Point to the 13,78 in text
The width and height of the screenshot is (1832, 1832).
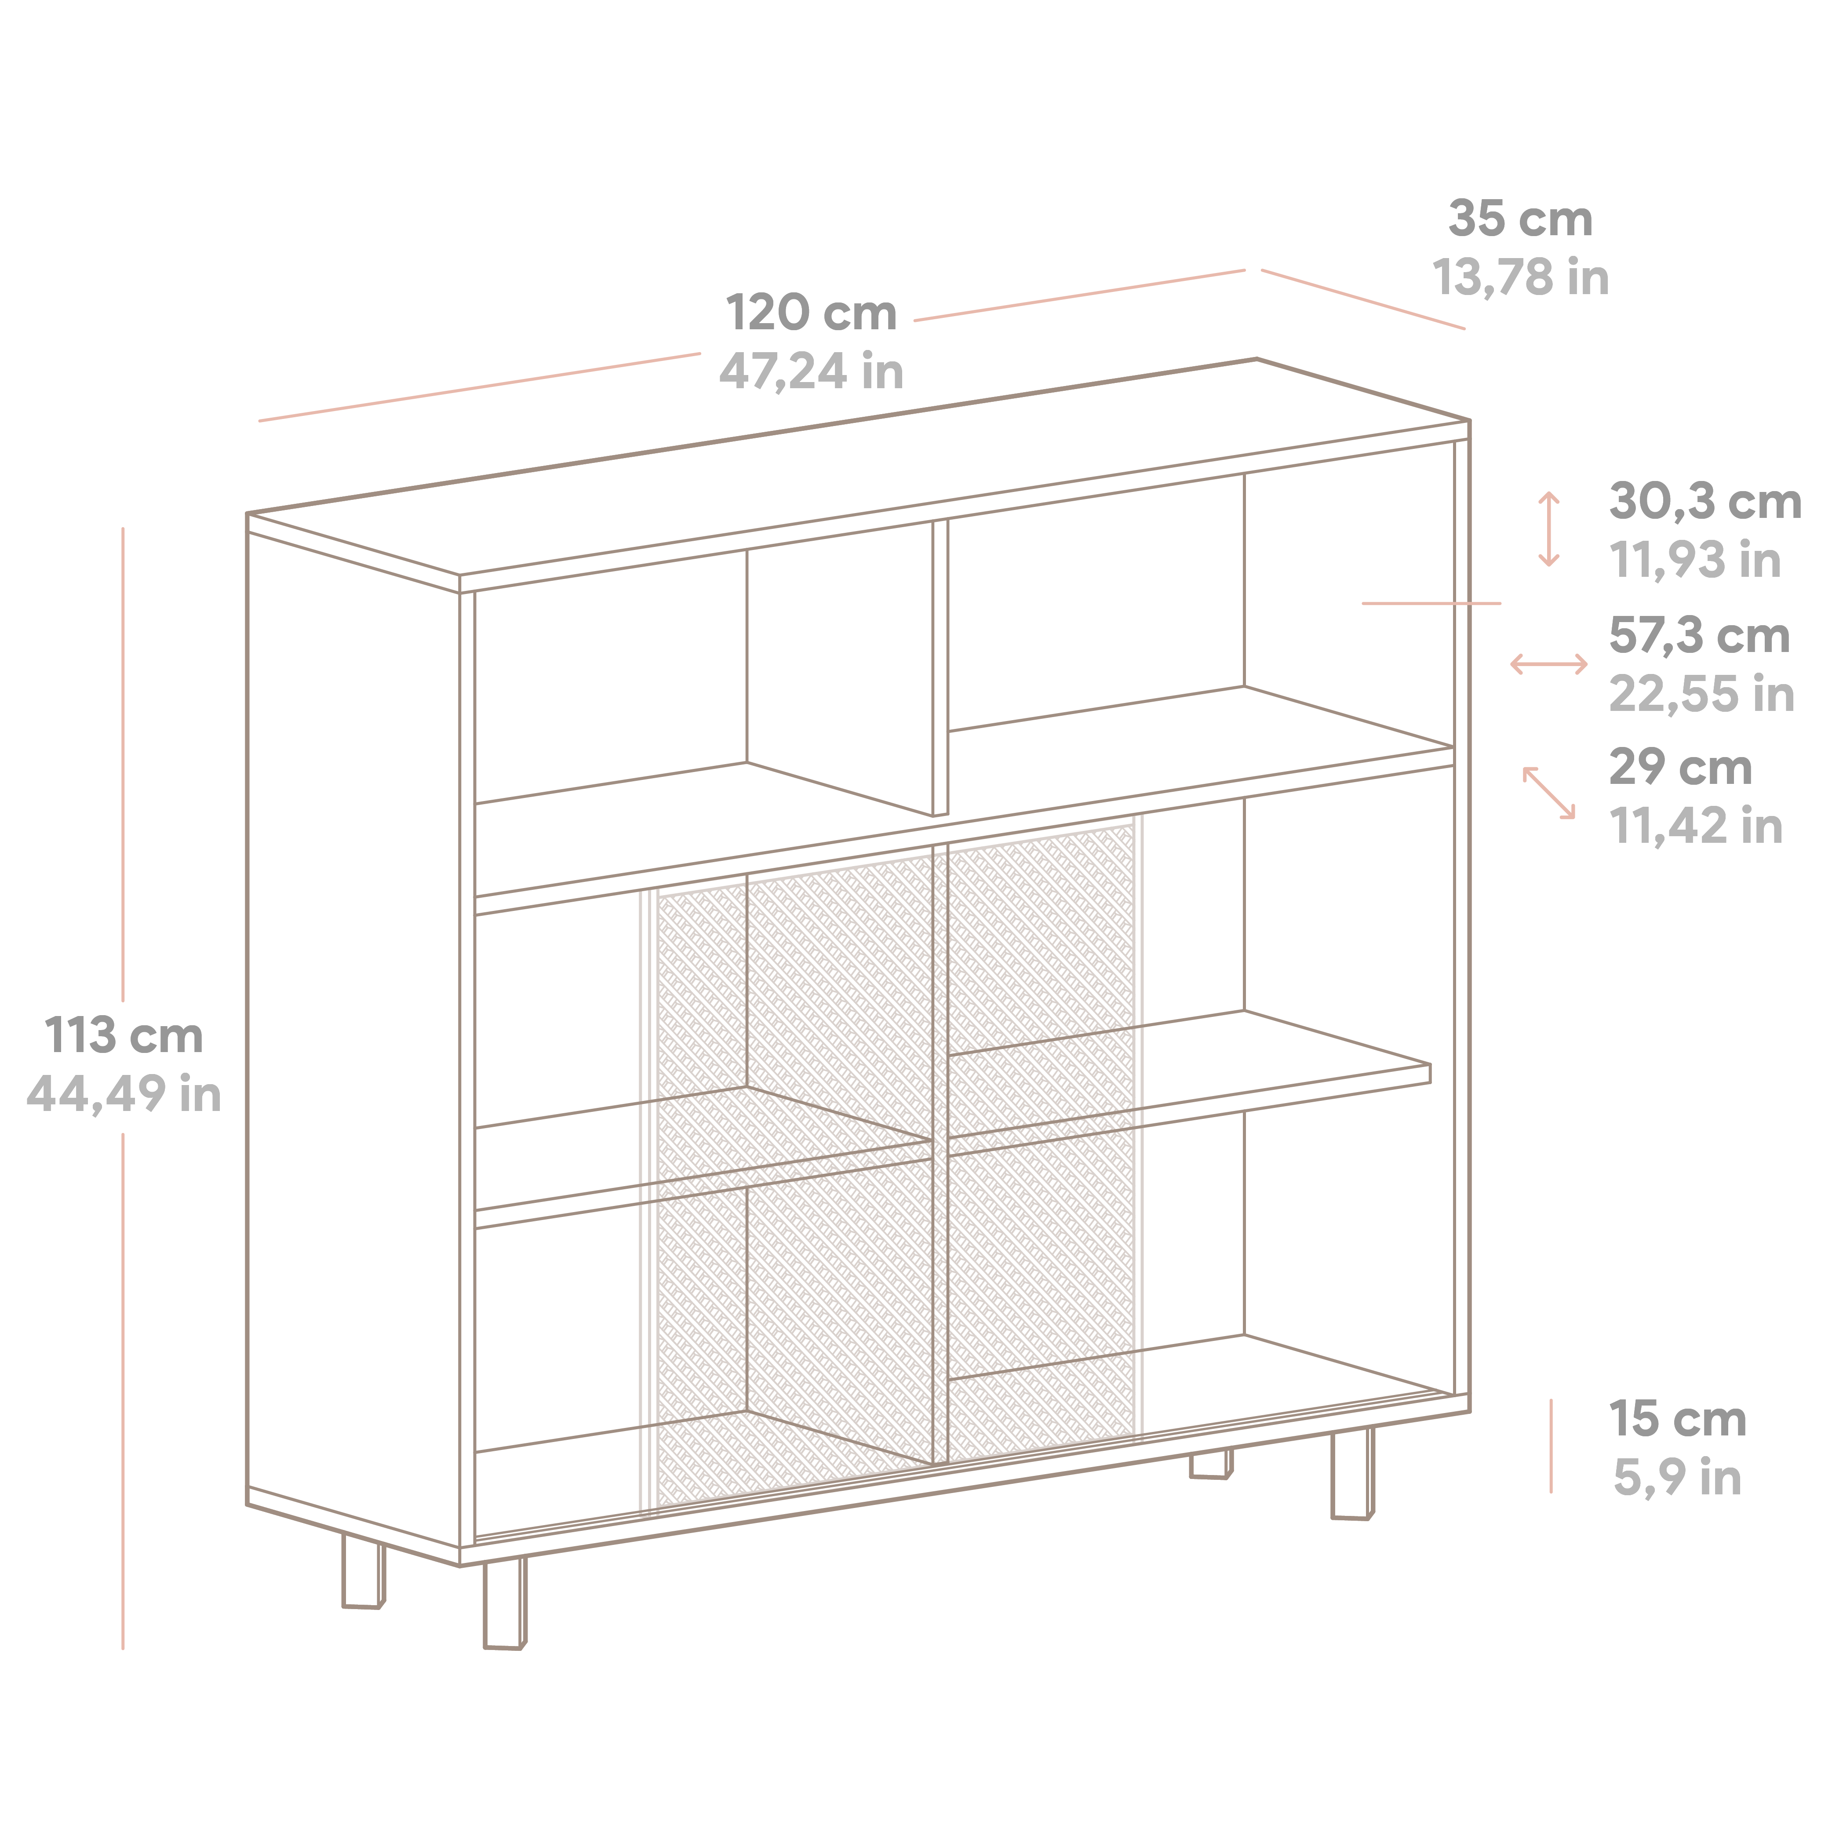[x=1520, y=278]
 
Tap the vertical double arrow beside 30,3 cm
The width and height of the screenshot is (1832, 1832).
[x=1548, y=529]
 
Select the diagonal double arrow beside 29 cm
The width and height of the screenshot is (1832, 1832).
[x=1548, y=793]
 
